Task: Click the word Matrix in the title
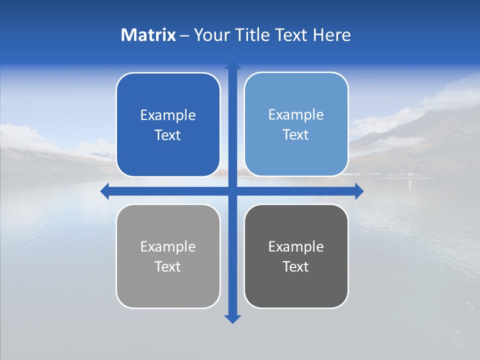[x=148, y=35]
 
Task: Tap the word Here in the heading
[x=331, y=35]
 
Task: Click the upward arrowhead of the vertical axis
[x=232, y=65]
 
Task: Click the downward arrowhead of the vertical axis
[x=232, y=318]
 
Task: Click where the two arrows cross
[x=232, y=191]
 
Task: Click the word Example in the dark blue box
[x=168, y=115]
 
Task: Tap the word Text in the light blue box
[x=296, y=135]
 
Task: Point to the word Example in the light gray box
[x=168, y=246]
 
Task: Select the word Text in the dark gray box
[x=296, y=266]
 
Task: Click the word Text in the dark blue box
[x=168, y=135]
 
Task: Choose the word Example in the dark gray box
[x=296, y=246]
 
